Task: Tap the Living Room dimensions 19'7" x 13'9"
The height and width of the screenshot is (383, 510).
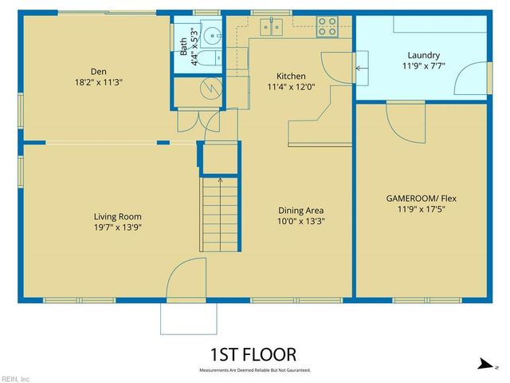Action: point(117,227)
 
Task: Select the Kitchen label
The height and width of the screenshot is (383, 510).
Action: point(291,77)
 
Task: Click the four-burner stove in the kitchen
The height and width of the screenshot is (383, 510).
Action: point(328,26)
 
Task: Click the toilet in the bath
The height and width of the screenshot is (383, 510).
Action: point(213,59)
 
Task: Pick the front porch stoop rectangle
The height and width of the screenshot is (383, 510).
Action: point(188,318)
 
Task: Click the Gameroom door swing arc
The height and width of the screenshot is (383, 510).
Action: point(404,122)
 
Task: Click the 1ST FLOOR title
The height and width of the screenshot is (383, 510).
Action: point(253,354)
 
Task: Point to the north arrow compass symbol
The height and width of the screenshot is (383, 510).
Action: point(484,365)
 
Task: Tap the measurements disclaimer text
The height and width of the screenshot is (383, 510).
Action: point(254,371)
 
